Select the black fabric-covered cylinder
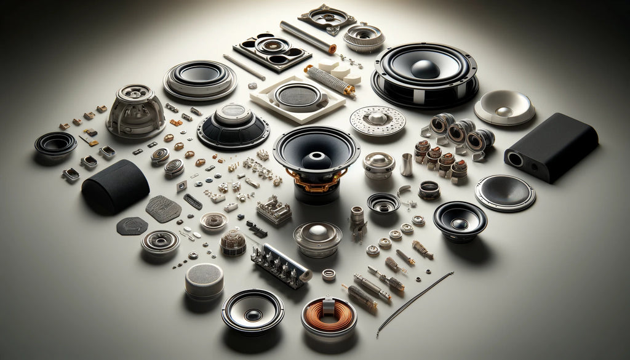[115, 186]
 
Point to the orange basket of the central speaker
[315, 180]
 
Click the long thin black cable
[415, 302]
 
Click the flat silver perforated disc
[377, 120]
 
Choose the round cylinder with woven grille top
[204, 280]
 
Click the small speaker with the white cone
[252, 310]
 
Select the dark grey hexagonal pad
[132, 226]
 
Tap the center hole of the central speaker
[316, 159]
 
